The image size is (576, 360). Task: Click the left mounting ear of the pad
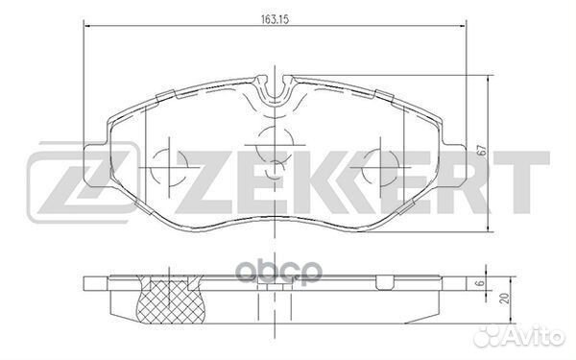pos(94,153)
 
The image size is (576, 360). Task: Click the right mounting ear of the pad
pos(458,153)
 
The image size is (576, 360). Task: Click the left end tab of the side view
pos(92,284)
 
